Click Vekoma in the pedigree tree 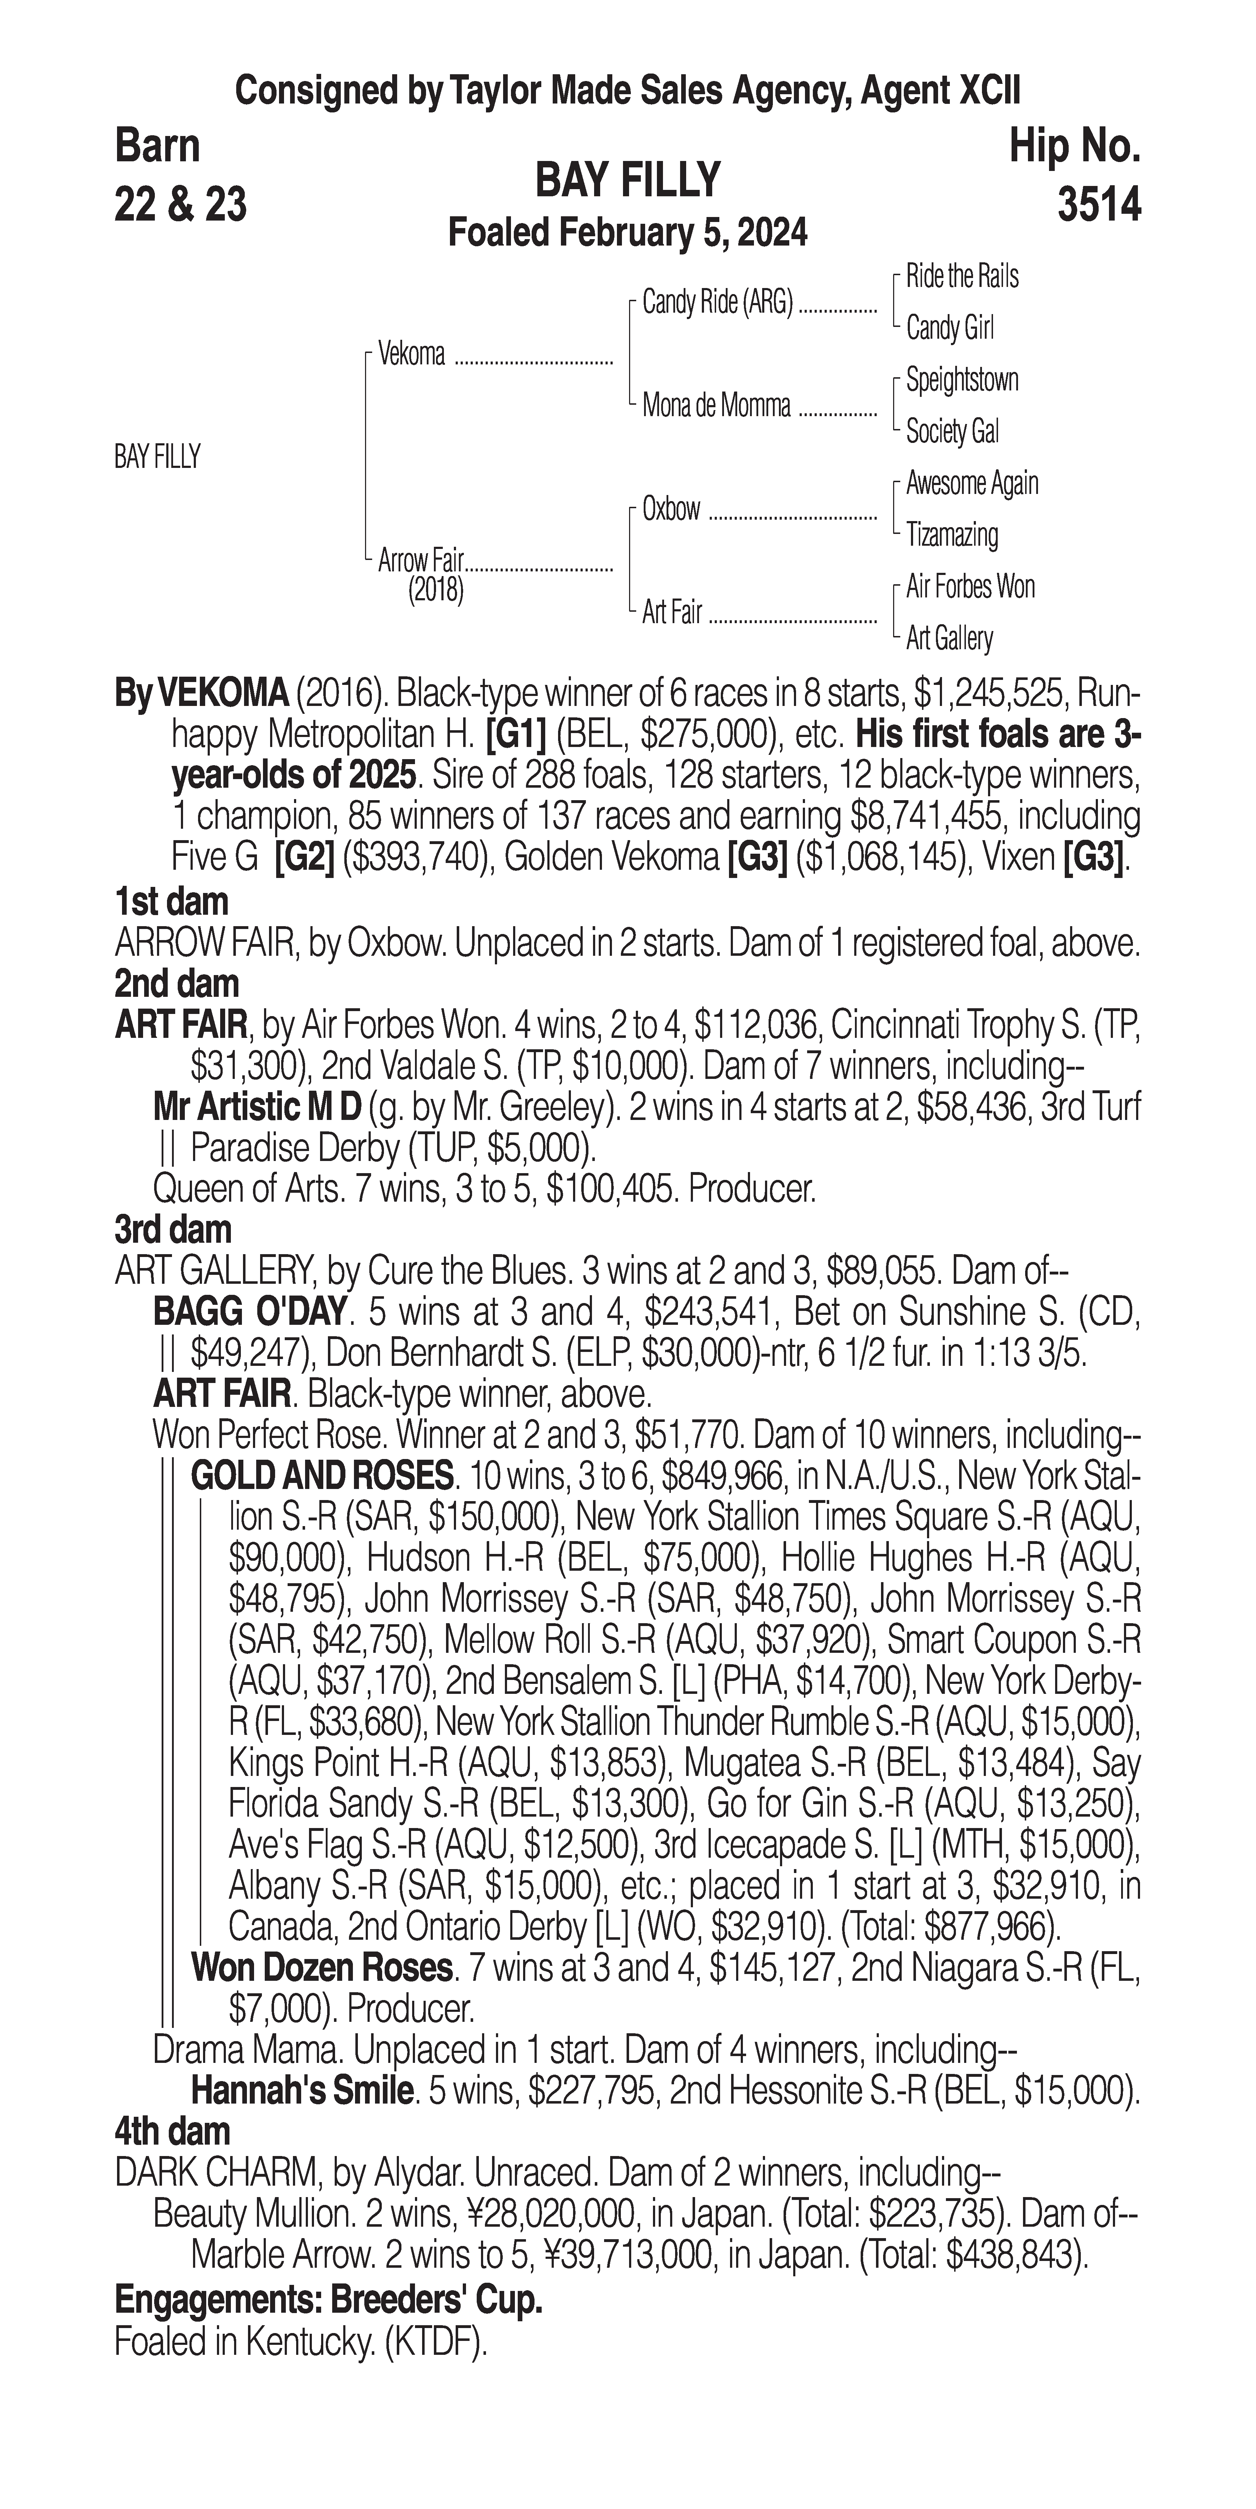(x=412, y=354)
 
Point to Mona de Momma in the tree (x=716, y=406)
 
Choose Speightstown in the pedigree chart (x=962, y=380)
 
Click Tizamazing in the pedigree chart (x=952, y=535)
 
